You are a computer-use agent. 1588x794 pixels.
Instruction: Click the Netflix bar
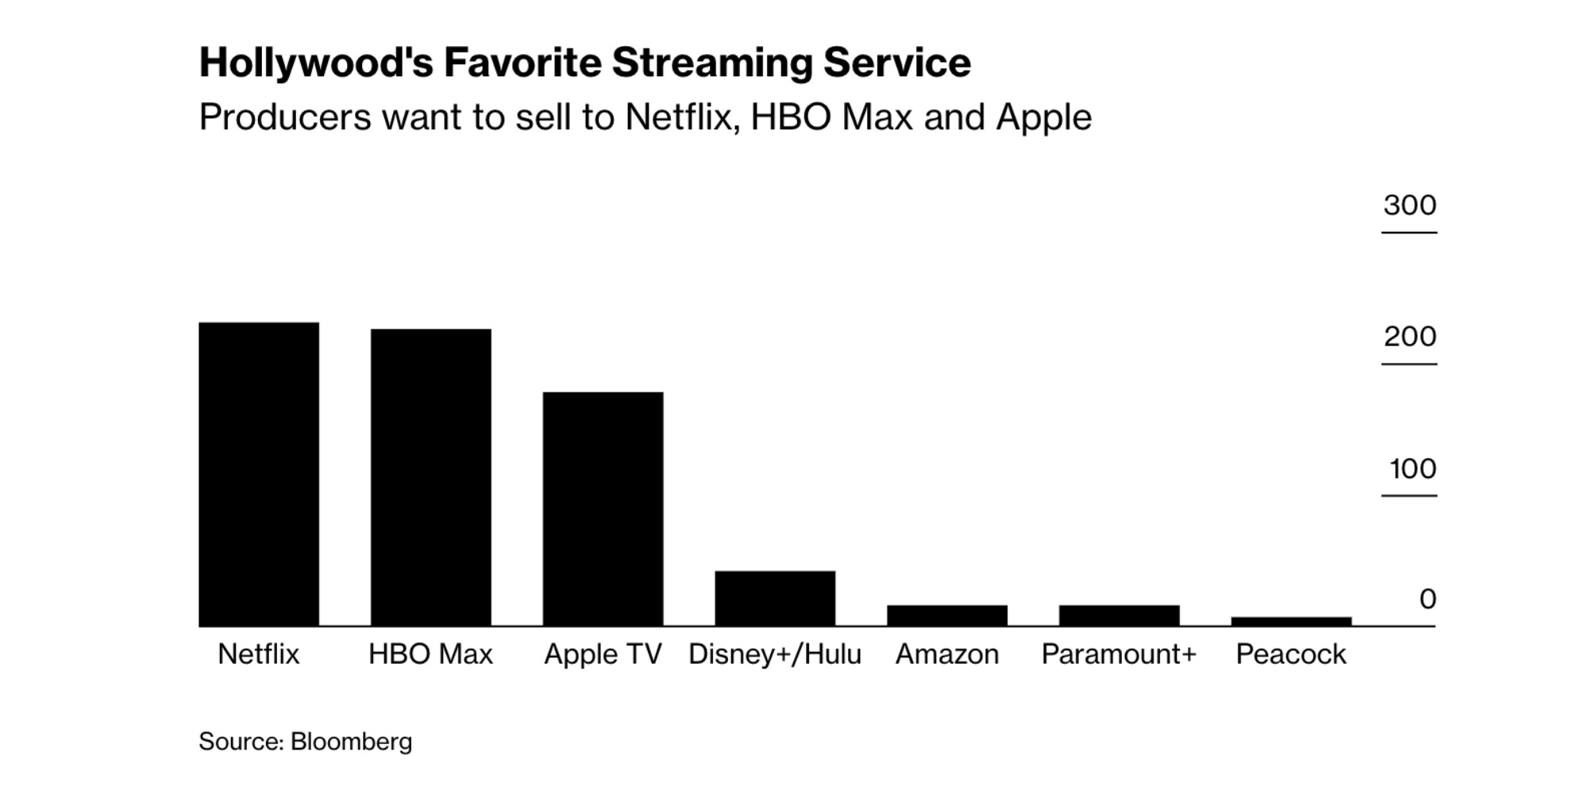259,474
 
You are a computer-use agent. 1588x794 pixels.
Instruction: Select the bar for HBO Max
431,477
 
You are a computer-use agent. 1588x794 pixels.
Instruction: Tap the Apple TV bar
603,509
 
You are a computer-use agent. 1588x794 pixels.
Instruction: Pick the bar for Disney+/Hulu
775,598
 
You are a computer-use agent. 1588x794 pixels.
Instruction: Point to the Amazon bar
947,615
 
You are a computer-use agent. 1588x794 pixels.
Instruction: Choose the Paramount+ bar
1120,615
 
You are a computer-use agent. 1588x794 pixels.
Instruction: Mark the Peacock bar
1291,621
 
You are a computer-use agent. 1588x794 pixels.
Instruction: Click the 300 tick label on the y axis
1409,205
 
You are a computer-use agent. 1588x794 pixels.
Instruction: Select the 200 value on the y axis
1409,337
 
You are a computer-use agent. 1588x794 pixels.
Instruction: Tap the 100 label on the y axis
1413,468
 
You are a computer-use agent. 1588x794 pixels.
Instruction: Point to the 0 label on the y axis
1428,599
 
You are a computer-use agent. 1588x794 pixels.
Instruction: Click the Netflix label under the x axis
259,654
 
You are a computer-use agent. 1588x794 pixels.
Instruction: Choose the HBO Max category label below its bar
431,654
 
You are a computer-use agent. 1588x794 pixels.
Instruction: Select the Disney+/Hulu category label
775,654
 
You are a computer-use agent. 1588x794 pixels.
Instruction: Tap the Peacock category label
1291,654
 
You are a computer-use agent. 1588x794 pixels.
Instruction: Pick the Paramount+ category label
1119,654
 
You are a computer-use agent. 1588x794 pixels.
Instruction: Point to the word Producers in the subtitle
285,118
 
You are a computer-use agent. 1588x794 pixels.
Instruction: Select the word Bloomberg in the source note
351,742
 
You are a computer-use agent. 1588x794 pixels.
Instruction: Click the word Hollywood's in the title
316,64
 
